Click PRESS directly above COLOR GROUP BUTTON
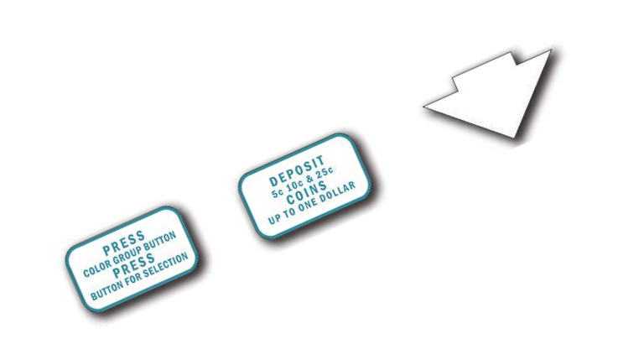tap(123, 244)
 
